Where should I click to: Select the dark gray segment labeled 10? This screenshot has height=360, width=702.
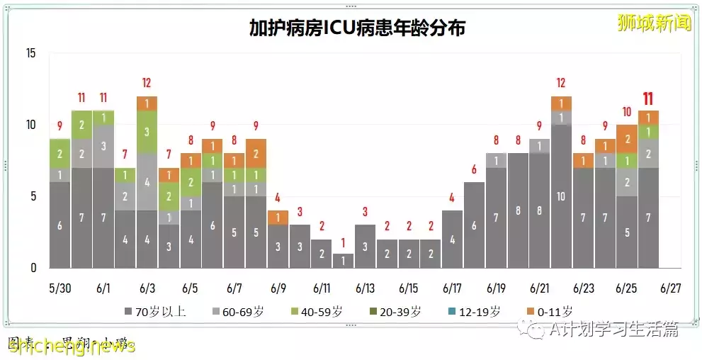pos(561,196)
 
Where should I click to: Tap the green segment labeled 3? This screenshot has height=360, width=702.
pos(147,132)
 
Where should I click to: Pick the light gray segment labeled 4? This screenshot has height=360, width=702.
pos(147,182)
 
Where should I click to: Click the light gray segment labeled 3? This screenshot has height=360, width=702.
pos(103,146)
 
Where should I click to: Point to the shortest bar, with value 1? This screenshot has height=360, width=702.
pos(343,260)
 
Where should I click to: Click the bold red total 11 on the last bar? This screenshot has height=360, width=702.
pos(648,99)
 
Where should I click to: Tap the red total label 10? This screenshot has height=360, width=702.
pos(626,112)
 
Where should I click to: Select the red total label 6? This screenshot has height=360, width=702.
pos(474,169)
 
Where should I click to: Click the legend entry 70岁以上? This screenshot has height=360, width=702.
pos(155,311)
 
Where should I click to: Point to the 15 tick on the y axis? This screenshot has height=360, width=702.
pos(30,53)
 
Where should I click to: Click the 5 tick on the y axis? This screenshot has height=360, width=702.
pos(33,196)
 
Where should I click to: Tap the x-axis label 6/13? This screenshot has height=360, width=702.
pos(365,288)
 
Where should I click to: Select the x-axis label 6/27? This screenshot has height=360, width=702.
pos(670,288)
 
